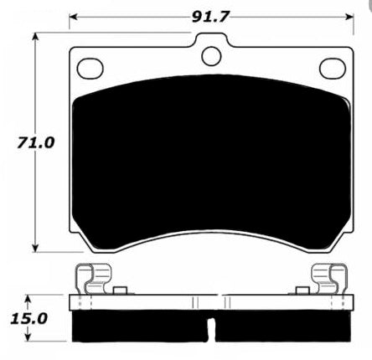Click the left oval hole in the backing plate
point(90,65)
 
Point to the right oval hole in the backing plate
point(329,65)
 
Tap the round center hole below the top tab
point(210,56)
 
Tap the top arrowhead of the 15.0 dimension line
point(29,297)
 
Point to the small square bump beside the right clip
point(299,291)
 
